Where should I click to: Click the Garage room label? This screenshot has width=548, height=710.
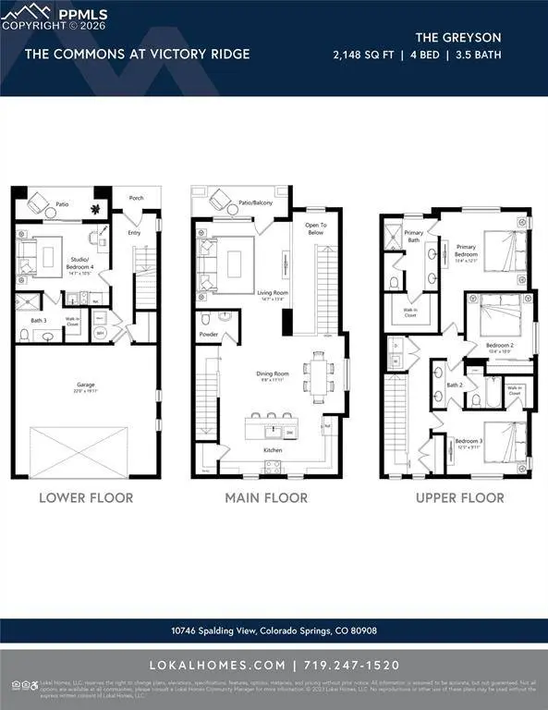tap(86, 386)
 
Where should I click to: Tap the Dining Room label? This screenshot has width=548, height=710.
tap(273, 373)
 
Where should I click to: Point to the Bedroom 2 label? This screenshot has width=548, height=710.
tap(501, 346)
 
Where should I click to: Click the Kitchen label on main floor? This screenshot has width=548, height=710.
tap(274, 451)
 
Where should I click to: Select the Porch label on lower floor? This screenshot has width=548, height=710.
tap(137, 197)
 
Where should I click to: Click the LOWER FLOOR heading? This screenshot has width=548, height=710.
tap(86, 497)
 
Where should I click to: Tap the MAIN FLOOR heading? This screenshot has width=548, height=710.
tap(266, 497)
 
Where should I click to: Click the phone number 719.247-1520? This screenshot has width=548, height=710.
tap(360, 666)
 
